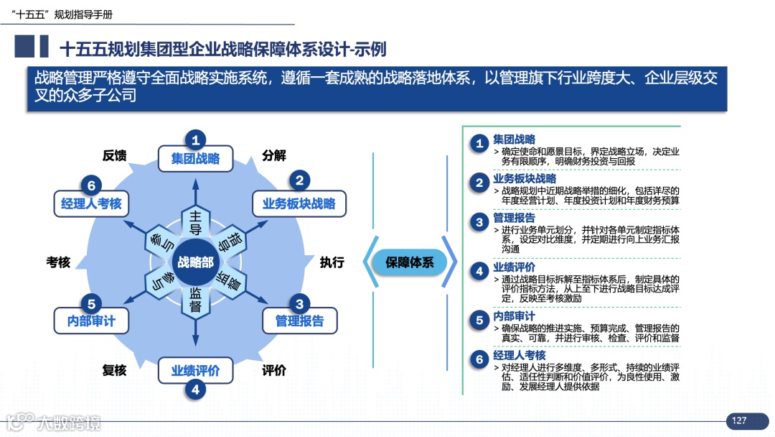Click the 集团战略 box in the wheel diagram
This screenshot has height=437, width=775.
(x=195, y=159)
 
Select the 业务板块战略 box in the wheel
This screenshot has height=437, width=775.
(x=299, y=203)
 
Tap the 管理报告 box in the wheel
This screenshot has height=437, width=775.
(x=299, y=321)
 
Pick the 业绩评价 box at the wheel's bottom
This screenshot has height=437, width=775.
(x=195, y=371)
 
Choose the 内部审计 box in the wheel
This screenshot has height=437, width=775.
(x=91, y=321)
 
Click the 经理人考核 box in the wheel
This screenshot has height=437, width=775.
(x=91, y=203)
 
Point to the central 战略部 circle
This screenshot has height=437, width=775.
(x=195, y=262)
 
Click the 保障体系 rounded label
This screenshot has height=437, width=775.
(x=410, y=262)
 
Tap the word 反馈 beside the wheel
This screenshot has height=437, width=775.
(x=115, y=155)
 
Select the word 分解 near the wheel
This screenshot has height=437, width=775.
(x=274, y=155)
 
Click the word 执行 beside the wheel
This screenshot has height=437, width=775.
(x=332, y=262)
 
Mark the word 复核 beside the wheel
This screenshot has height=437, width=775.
(x=115, y=370)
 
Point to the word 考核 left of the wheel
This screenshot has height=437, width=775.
(x=59, y=262)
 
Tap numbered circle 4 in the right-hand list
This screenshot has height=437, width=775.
(x=479, y=271)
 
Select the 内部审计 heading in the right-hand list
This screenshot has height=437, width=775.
(x=514, y=316)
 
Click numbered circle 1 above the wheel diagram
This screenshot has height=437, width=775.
(x=195, y=139)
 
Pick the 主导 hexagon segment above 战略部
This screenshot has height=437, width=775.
(x=195, y=222)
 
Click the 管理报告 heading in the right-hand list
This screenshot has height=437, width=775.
(x=514, y=218)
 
